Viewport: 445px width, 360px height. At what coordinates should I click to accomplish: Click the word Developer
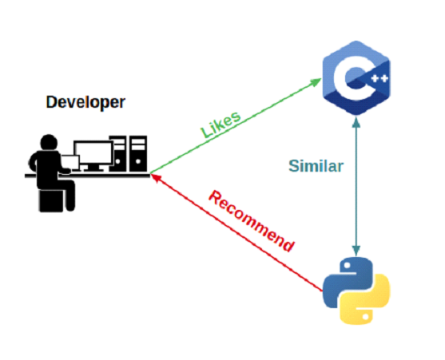[x=85, y=102]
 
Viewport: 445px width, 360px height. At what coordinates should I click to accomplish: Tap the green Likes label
[x=221, y=125]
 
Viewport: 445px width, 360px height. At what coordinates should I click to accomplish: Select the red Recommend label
[x=252, y=221]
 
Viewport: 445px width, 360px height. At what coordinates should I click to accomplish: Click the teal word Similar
[x=316, y=166]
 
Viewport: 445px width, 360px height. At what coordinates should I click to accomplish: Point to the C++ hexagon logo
[x=356, y=77]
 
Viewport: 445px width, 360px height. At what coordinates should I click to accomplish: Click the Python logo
[x=356, y=291]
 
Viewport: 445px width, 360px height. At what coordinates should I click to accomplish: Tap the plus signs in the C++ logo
[x=379, y=78]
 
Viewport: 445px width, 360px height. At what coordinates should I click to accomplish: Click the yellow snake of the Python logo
[x=366, y=300]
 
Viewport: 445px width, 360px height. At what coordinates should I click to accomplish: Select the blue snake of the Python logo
[x=347, y=281]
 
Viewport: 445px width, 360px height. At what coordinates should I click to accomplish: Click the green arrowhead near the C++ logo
[x=316, y=82]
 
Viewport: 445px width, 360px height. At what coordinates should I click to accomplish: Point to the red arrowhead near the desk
[x=156, y=178]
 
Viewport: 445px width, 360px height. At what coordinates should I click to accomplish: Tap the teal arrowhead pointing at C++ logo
[x=356, y=122]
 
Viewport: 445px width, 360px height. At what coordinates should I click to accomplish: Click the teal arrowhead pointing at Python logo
[x=356, y=250]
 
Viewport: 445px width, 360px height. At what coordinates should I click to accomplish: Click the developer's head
[x=49, y=143]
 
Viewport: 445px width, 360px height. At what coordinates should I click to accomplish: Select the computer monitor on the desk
[x=93, y=156]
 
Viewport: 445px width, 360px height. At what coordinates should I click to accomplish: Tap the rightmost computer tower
[x=138, y=153]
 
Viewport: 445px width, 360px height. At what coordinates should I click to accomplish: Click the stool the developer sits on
[x=51, y=200]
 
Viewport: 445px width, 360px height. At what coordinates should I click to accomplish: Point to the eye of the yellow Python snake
[x=366, y=315]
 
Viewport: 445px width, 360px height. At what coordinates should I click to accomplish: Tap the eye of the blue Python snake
[x=347, y=266]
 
